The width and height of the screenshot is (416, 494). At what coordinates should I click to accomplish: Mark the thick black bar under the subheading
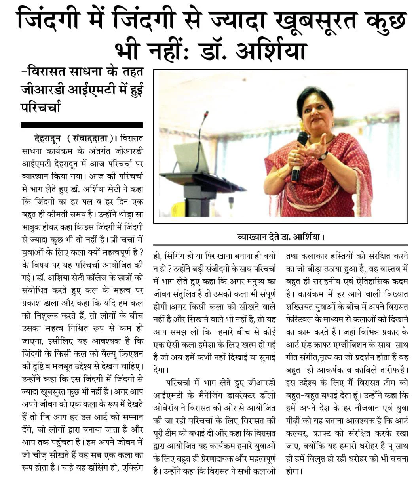click(x=82, y=125)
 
